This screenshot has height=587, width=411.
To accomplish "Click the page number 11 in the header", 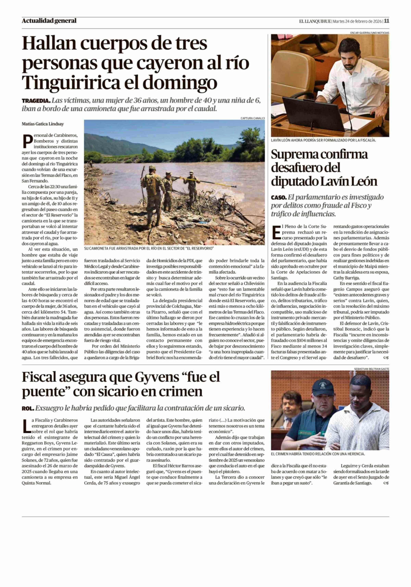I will pos(387,21).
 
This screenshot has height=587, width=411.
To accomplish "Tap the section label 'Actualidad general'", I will pos(49,21).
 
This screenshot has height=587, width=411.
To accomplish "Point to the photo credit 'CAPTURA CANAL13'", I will pos(252,118).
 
